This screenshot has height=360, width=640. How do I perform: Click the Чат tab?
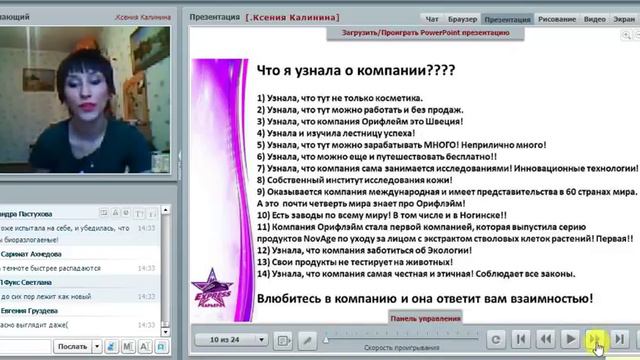pos(432,19)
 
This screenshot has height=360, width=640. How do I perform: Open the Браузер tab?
pos(463,19)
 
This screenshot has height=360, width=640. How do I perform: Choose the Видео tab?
pos(595,19)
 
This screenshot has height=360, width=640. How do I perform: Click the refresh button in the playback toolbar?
pos(496,340)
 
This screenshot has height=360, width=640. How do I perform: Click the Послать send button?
pos(77,347)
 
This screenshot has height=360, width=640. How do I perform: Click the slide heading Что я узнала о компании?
pos(342,71)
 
